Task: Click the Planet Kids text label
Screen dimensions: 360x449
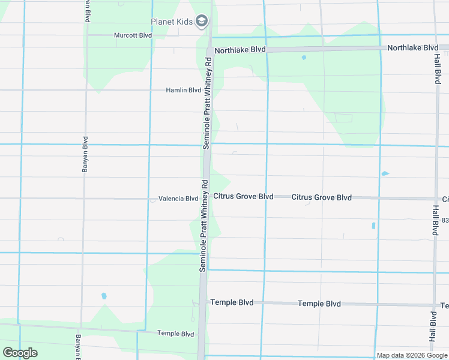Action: [x=172, y=22]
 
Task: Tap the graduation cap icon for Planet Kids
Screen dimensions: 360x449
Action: [x=202, y=22]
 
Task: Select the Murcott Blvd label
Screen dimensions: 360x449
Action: [x=133, y=35]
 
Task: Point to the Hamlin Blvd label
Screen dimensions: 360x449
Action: [x=184, y=90]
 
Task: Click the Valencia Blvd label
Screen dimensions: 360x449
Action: [x=178, y=199]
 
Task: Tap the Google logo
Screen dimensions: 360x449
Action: [x=20, y=353]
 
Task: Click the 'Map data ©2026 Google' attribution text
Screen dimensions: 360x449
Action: [x=411, y=355]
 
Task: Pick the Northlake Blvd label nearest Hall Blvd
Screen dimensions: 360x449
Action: [x=412, y=47]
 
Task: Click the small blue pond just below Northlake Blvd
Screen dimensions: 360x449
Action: [x=304, y=58]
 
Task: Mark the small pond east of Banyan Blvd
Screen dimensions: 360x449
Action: [x=104, y=296]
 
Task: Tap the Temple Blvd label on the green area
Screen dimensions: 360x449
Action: [x=175, y=334]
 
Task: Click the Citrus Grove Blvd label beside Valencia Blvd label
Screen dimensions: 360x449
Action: [x=244, y=196]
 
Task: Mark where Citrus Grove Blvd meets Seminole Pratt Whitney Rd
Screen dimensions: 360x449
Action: [x=205, y=197]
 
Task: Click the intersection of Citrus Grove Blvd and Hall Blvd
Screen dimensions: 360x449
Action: [x=436, y=199]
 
